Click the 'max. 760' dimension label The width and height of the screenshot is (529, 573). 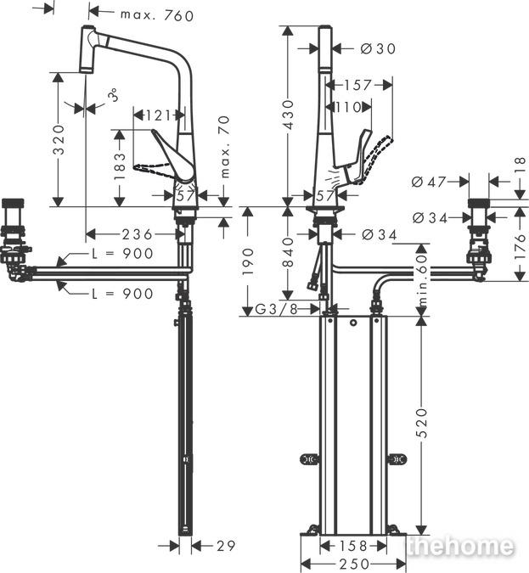point(157,15)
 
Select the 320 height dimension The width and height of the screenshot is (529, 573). point(59,139)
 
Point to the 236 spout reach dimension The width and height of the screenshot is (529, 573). point(137,234)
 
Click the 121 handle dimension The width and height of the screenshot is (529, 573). point(159,115)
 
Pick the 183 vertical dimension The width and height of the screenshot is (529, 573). point(120,166)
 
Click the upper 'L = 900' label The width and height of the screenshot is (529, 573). point(122,254)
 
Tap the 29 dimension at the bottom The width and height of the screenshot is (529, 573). point(226,546)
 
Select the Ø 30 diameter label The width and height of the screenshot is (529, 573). point(378,48)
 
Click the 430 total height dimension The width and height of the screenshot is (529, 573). point(289,115)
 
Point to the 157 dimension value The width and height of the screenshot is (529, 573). point(358,85)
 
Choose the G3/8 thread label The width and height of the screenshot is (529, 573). point(276,310)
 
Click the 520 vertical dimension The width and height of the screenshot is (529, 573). point(422,424)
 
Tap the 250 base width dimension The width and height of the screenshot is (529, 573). point(353,565)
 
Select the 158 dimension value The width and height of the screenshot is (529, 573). point(352,547)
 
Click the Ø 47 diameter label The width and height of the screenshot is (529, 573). point(429,182)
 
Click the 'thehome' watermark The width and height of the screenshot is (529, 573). point(460,546)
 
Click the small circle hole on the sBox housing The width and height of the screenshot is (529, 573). point(353,323)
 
